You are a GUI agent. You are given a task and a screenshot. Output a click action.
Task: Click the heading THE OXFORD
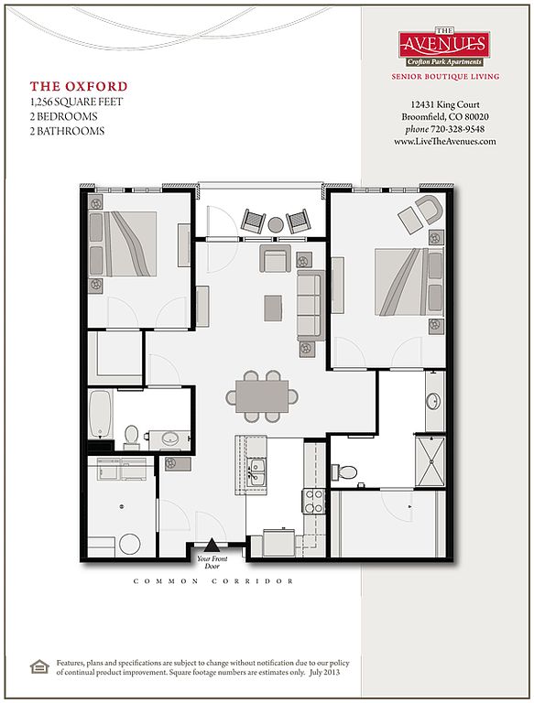(x=79, y=86)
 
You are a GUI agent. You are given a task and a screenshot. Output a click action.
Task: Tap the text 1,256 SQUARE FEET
(x=76, y=102)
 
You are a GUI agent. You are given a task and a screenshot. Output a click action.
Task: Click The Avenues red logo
(x=444, y=47)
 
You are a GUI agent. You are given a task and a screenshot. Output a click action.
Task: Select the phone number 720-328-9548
(x=458, y=129)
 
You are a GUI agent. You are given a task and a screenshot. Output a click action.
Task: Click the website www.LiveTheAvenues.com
(x=445, y=141)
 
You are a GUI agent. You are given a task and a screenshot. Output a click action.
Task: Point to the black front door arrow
(x=212, y=546)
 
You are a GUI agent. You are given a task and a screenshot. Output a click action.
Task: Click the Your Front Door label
(x=213, y=562)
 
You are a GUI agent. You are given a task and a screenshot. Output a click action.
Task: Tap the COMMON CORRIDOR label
(x=213, y=581)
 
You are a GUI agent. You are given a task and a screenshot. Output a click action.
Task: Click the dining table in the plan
(x=262, y=395)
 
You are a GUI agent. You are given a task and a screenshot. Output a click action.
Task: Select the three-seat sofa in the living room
(x=311, y=306)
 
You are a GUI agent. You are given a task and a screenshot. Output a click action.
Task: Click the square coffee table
(x=273, y=308)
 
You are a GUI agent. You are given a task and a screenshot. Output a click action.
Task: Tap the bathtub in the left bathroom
(x=100, y=415)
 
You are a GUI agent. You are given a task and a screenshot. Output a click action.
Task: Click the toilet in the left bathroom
(x=132, y=437)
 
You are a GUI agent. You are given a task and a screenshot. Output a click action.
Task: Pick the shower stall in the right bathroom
(x=430, y=461)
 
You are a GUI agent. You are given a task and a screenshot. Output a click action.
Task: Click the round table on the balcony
(x=276, y=224)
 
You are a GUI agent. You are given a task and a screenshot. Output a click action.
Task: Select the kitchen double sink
(x=257, y=471)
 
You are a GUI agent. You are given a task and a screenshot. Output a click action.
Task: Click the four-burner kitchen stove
(x=314, y=501)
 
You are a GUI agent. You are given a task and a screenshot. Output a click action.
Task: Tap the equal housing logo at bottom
(x=39, y=666)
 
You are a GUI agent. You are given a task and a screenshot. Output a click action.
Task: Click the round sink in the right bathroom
(x=434, y=401)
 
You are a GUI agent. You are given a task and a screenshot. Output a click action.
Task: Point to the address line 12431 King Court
(x=445, y=104)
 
